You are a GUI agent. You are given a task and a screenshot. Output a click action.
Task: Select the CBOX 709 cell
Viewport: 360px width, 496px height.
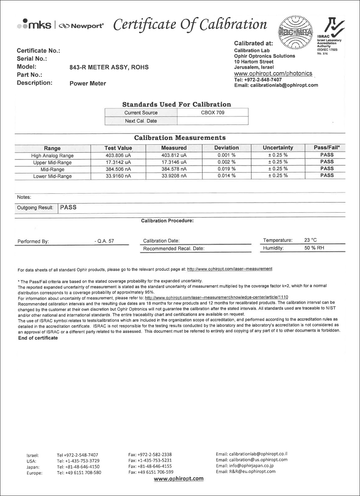click(212, 113)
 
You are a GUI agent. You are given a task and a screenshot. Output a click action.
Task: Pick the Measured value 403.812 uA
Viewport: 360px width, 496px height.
click(174, 155)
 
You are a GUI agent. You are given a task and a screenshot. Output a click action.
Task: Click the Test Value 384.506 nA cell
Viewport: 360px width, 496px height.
click(118, 169)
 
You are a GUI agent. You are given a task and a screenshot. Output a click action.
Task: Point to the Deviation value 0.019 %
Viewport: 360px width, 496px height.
click(226, 169)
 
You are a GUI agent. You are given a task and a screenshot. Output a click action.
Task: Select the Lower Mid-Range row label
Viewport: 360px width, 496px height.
click(52, 176)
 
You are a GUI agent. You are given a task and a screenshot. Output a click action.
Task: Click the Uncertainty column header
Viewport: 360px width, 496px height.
click(278, 148)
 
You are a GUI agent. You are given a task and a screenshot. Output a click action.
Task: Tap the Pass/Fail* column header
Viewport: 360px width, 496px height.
click(327, 148)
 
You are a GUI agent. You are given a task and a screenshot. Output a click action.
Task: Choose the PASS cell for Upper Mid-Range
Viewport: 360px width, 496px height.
click(327, 162)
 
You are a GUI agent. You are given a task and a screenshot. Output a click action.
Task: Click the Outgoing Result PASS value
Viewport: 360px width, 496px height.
click(68, 207)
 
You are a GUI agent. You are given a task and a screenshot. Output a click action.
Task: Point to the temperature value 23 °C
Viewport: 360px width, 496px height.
click(310, 240)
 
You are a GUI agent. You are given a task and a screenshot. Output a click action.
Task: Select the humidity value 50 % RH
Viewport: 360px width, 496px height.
click(314, 248)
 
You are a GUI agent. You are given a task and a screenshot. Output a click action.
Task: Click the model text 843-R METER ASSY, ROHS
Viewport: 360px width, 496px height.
click(109, 67)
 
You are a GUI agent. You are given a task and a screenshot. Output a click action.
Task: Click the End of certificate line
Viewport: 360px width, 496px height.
click(38, 338)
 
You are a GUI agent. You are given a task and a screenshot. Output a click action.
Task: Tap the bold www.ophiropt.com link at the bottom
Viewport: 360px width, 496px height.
click(178, 479)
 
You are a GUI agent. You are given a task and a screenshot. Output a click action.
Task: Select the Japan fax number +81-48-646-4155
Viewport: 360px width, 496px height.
click(150, 466)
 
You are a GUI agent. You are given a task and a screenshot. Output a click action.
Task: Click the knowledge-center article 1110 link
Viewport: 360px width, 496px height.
click(216, 297)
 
